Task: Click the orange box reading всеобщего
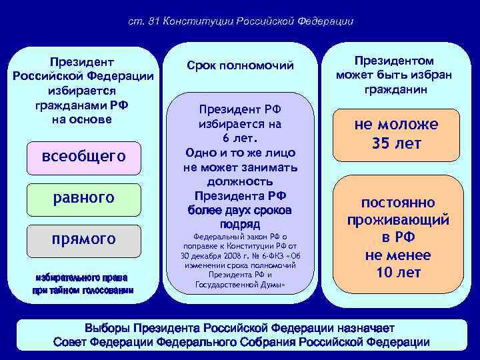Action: coord(83,157)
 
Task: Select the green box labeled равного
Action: coord(83,198)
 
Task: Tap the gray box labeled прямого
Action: coord(83,239)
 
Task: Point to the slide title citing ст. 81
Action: coord(240,21)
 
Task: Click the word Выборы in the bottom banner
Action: coord(107,329)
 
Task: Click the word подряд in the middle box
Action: coord(239,224)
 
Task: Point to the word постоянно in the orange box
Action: coord(398,203)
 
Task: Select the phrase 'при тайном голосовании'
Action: coord(83,290)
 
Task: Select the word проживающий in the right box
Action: coord(398,220)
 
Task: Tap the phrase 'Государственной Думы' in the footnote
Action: coord(239,285)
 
